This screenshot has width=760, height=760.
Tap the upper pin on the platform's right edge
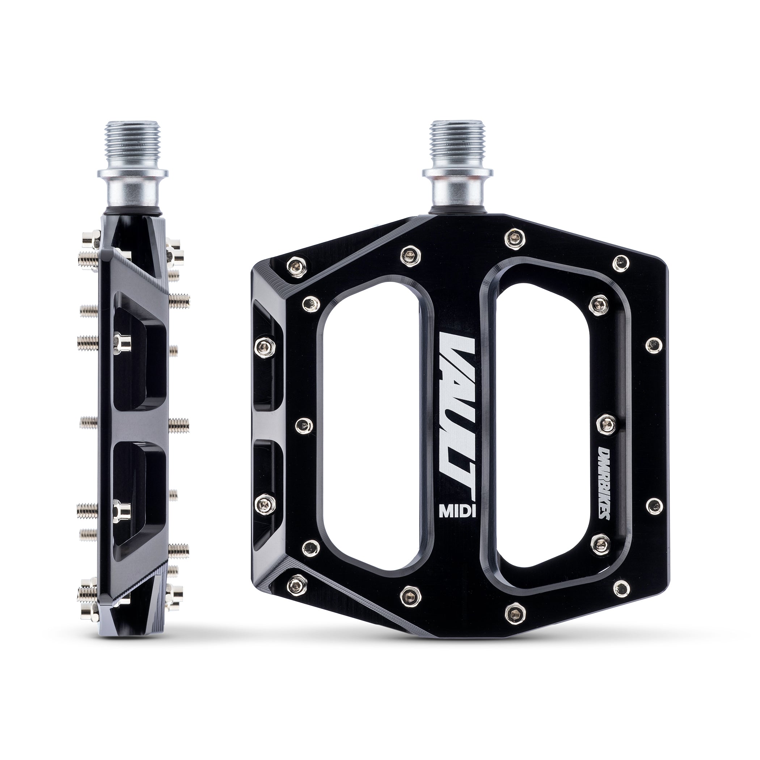[653, 345]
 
